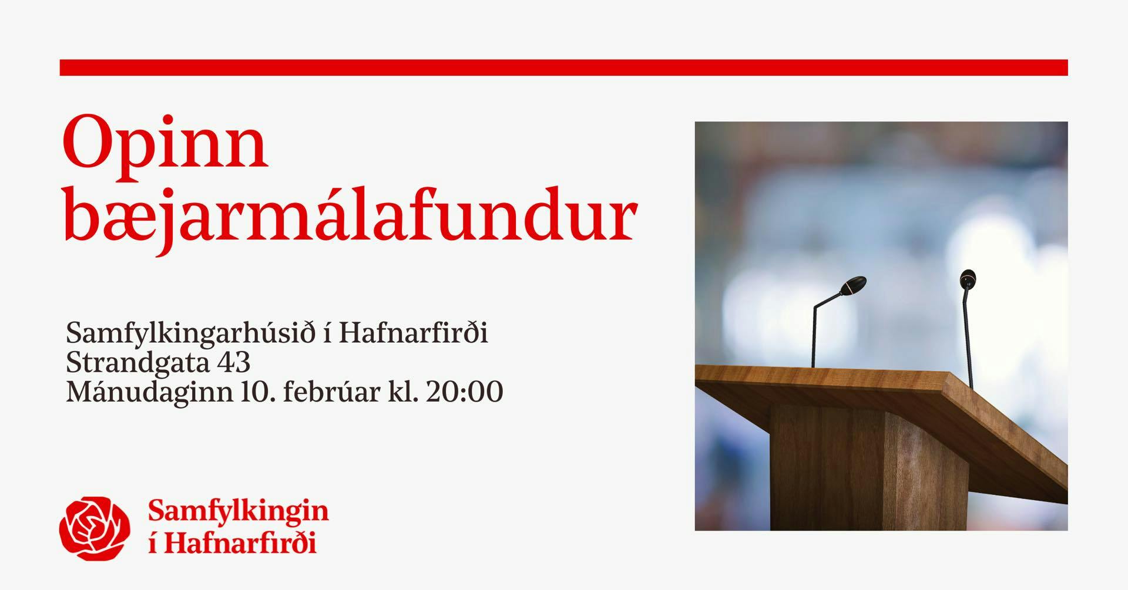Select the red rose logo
tap(95, 528)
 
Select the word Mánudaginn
tap(149, 392)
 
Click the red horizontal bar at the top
tap(563, 68)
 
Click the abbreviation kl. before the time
tap(403, 391)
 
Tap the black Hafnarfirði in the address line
tap(414, 333)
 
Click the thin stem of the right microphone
tap(967, 338)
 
